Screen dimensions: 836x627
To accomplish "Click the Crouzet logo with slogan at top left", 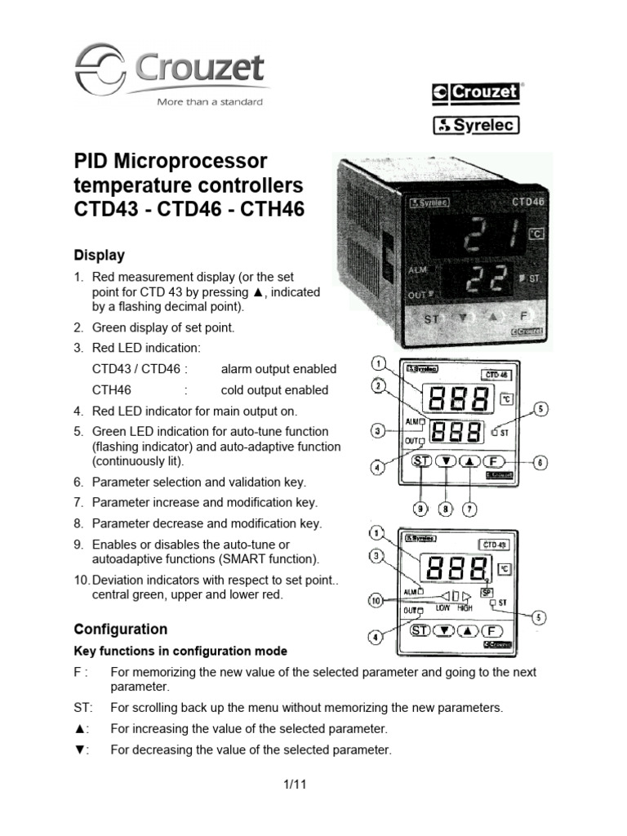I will tap(171, 74).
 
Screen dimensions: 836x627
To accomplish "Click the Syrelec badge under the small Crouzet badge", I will tap(475, 125).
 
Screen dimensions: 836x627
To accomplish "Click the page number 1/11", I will tap(294, 785).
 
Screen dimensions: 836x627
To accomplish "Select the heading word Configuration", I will tap(121, 629).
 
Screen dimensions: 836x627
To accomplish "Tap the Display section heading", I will tap(100, 255).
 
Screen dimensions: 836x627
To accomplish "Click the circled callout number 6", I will tap(540, 462).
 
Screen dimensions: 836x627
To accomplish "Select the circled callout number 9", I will tap(420, 508).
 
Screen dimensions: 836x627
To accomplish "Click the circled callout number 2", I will tap(377, 386).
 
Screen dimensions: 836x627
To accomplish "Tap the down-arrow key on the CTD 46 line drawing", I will tap(446, 461).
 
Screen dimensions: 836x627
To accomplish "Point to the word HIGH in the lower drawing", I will tap(464, 608).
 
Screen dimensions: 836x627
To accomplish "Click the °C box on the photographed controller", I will tap(536, 234).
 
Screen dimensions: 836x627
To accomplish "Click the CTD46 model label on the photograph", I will tap(528, 198).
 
